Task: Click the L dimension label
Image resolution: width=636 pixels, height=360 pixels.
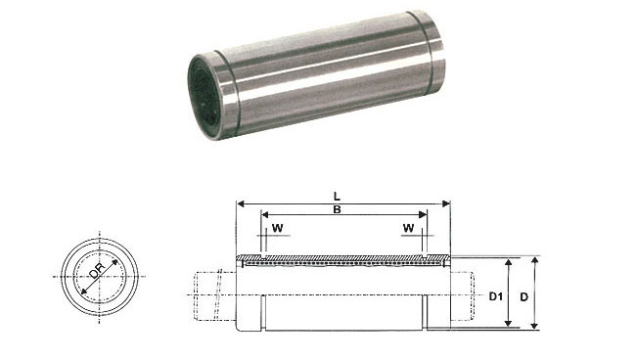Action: point(337,197)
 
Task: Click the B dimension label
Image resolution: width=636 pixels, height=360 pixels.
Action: point(337,209)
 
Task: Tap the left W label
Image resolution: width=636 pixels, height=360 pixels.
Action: point(278,228)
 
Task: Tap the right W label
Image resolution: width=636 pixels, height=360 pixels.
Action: point(408,228)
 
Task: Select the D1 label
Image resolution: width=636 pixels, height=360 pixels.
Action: point(496,296)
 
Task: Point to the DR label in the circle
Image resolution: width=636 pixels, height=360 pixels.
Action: point(97,270)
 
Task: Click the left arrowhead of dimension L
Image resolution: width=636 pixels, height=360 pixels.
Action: point(241,203)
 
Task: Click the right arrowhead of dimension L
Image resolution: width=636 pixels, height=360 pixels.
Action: point(446,203)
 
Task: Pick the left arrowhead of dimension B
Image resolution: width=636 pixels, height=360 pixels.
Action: point(265,214)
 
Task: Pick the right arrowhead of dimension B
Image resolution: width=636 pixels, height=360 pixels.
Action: point(423,214)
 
